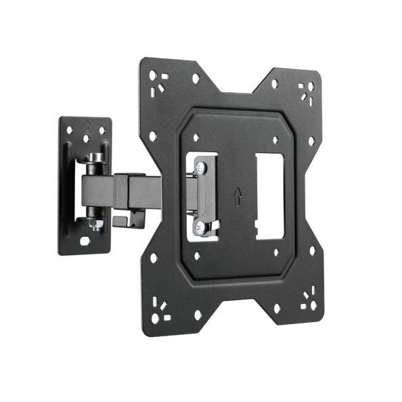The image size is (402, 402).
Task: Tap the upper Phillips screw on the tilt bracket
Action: coord(201,166)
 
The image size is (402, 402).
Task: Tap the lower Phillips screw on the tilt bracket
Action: coord(201,227)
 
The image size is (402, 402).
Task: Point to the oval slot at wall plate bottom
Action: coord(85,240)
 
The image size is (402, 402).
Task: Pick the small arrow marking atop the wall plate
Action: coord(87,124)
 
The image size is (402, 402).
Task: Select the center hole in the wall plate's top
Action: coord(86,139)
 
